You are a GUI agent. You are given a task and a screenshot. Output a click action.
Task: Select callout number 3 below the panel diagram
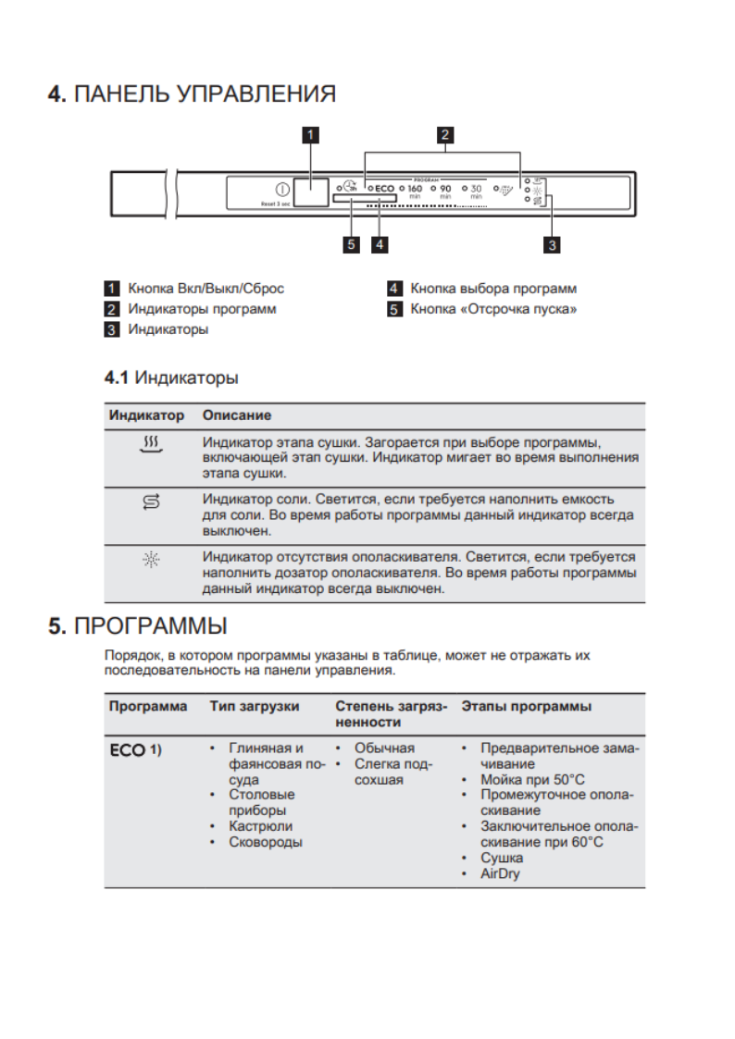pos(552,245)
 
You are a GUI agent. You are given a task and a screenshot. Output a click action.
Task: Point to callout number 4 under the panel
pos(379,245)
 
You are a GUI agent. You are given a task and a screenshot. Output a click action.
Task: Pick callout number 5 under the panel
pos(350,245)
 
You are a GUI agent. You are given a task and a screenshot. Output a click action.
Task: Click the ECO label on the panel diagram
pos(384,188)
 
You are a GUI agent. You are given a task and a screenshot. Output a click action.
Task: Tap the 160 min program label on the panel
pos(415,190)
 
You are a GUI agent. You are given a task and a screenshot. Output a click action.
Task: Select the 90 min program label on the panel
pos(445,190)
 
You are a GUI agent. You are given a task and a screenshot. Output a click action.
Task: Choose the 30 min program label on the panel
pos(476,190)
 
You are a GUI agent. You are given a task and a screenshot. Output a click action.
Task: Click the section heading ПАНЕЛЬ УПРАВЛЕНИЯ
pos(204,94)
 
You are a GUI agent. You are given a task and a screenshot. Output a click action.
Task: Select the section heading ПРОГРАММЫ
pos(150,626)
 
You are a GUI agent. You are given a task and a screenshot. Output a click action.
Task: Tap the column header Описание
pos(237,415)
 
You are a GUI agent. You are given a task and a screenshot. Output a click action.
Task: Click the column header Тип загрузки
pos(255,706)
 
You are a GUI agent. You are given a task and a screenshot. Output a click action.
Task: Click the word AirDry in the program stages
pos(500,873)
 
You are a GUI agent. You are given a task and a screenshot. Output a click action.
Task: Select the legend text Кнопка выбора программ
pos(493,289)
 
